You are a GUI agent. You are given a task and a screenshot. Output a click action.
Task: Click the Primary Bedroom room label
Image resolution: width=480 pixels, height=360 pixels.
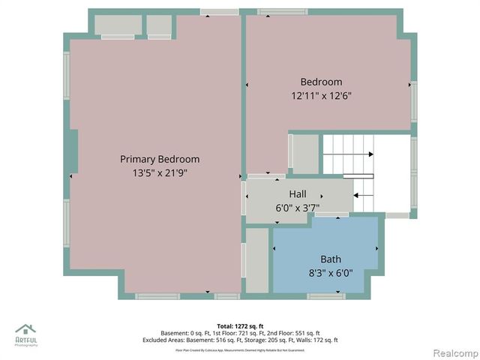click(x=160, y=159)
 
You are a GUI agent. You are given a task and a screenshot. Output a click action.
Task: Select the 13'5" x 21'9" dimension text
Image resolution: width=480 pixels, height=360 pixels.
click(x=160, y=172)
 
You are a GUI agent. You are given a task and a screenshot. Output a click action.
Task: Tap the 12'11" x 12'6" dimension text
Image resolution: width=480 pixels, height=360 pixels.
click(x=321, y=96)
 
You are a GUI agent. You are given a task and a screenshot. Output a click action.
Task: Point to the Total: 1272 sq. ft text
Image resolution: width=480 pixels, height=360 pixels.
click(x=240, y=325)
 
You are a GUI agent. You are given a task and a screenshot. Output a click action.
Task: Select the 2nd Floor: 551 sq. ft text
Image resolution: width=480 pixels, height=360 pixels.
click(x=295, y=333)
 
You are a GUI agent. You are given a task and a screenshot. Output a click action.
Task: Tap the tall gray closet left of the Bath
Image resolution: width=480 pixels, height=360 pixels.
click(x=257, y=260)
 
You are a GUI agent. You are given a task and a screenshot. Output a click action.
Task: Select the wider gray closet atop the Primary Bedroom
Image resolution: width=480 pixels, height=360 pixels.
click(x=118, y=25)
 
